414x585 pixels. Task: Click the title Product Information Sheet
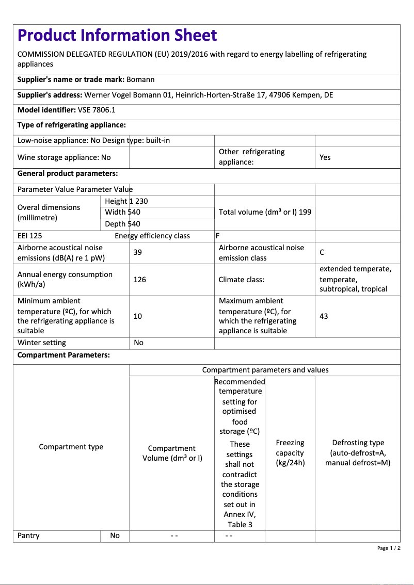117,35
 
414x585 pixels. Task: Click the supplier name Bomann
140,79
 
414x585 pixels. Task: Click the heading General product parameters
68,173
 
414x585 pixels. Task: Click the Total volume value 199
305,212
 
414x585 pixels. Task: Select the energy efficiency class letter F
218,236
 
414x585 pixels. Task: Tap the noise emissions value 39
138,252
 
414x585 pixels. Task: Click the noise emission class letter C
322,253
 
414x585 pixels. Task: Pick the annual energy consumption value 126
139,280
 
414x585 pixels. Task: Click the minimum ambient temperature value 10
138,316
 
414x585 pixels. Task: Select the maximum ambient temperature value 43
324,316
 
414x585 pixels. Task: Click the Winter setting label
42,343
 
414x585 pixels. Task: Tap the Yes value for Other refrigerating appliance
325,157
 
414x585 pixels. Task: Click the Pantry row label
28,535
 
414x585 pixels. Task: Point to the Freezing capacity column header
290,453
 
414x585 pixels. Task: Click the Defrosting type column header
358,453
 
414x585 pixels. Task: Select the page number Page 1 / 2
389,548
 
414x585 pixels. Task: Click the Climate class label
242,280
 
